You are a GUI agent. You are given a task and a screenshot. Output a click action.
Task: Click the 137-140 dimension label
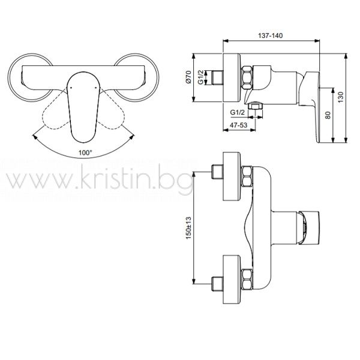pos(271,35)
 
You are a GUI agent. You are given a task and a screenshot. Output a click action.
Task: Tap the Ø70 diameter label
pos(188,77)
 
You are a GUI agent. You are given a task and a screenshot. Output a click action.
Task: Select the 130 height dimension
pos(340,97)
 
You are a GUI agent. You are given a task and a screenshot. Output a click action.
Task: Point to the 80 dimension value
pos(328,115)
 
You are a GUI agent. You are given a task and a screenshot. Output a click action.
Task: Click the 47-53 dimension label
pos(239,125)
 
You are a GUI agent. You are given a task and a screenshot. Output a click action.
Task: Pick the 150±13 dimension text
pos(188,228)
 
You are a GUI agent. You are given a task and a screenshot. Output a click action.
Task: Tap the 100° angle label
pos(85,152)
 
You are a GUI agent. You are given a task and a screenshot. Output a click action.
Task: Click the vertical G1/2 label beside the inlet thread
pos(201,77)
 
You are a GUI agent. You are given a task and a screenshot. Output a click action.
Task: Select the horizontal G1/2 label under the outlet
pos(238,112)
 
